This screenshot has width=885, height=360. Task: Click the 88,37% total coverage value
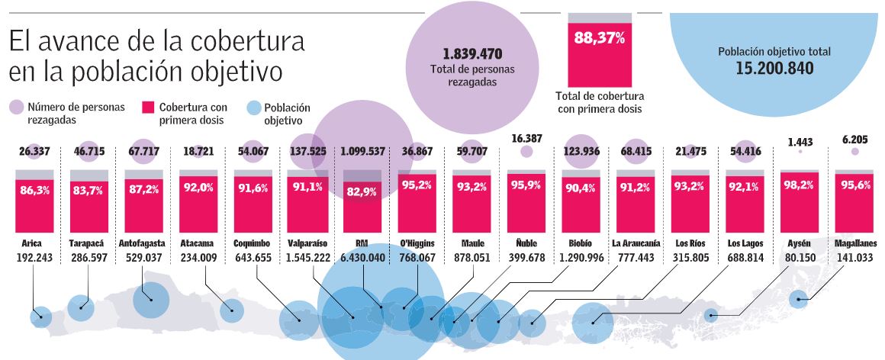tap(599, 39)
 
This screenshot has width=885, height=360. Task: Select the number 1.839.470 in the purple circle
tap(471, 54)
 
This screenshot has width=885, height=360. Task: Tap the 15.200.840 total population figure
tap(774, 68)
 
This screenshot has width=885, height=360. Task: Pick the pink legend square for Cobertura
tap(147, 108)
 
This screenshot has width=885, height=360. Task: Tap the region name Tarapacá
tap(88, 244)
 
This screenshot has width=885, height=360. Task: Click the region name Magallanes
tap(854, 244)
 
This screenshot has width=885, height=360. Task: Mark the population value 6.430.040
tap(362, 258)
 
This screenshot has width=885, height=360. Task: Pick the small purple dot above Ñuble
tap(526, 152)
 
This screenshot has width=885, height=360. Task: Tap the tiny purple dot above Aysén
tap(800, 152)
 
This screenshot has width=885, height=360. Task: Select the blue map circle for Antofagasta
tap(151, 300)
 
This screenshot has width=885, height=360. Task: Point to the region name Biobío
tap(581, 244)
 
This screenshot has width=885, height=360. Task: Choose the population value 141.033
tap(854, 258)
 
